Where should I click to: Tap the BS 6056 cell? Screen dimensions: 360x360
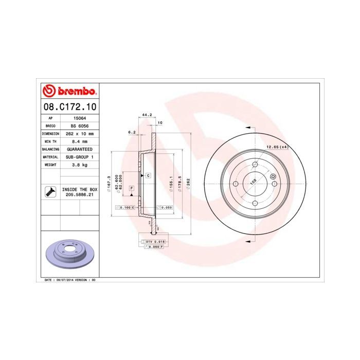[x=78, y=125]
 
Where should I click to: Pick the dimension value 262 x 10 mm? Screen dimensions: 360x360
[x=78, y=133]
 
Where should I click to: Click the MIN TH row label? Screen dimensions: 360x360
[x=50, y=141]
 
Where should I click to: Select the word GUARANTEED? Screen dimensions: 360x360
[x=78, y=149]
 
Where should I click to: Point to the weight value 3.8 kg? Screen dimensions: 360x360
[x=78, y=165]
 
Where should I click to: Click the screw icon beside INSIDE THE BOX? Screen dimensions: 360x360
[x=50, y=193]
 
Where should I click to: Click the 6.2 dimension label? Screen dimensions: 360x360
[x=131, y=133]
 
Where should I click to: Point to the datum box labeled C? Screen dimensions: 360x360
[x=148, y=176]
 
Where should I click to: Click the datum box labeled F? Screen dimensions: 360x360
[x=132, y=189]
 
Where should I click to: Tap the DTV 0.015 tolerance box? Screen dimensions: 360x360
[x=155, y=241]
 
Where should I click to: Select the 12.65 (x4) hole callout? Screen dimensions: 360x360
[x=276, y=148]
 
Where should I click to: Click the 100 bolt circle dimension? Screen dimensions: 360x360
[x=253, y=182]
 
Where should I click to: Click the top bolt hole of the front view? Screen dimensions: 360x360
[x=256, y=164]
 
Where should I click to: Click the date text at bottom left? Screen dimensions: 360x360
[x=67, y=280]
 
